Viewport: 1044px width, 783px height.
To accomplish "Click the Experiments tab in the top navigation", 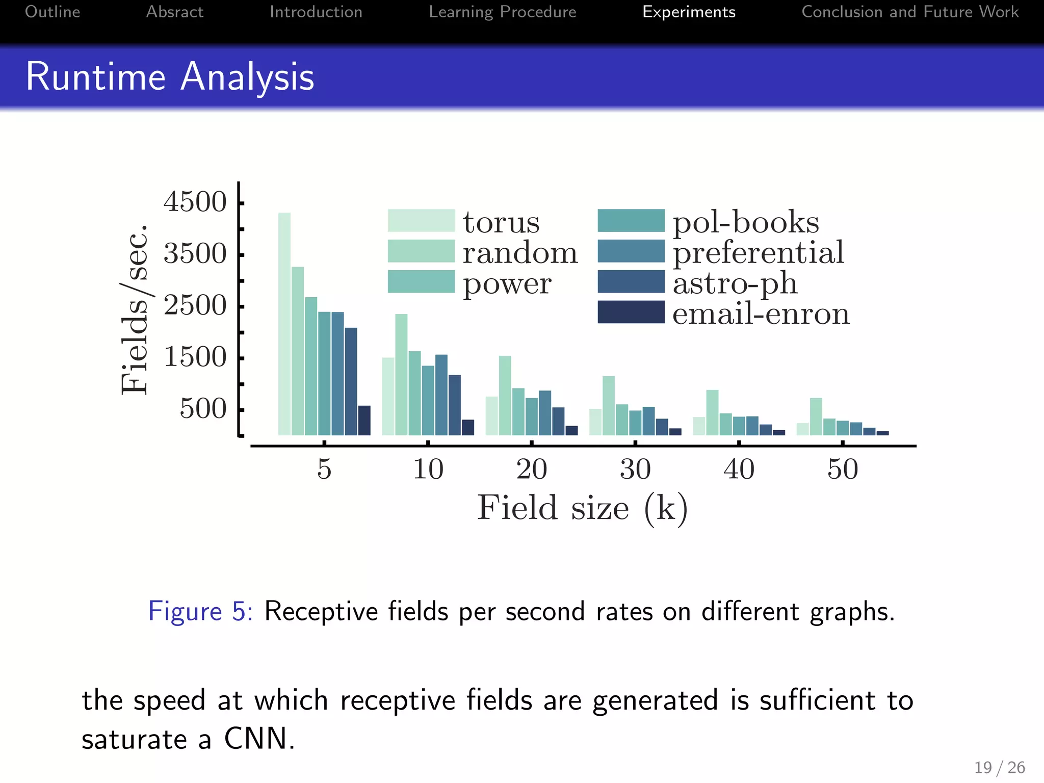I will click(x=689, y=12).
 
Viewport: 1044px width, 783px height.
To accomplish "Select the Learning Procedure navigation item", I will click(x=502, y=12).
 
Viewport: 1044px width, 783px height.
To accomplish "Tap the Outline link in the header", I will click(x=53, y=12).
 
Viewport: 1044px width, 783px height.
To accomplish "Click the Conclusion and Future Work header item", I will click(x=910, y=12).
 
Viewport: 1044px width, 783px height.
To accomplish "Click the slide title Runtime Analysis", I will click(x=170, y=76).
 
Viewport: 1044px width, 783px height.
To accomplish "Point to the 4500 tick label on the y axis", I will click(x=195, y=202).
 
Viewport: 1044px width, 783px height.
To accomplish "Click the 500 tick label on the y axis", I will click(x=203, y=409).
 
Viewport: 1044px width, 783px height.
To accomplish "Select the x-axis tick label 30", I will click(x=635, y=469).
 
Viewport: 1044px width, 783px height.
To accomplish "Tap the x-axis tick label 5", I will click(x=324, y=469).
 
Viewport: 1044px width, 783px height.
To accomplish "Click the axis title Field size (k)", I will click(x=582, y=508).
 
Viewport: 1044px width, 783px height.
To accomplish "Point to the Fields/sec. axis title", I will click(x=135, y=309).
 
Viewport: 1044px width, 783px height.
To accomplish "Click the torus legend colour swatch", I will click(x=421, y=221).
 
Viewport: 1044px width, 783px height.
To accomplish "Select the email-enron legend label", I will click(x=761, y=314).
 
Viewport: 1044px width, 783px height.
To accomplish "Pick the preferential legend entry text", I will click(x=758, y=252).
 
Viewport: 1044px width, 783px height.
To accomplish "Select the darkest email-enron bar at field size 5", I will click(x=364, y=421).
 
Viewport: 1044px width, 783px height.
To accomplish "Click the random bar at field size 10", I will click(x=401, y=375).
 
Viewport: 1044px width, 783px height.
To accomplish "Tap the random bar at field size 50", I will click(x=816, y=416).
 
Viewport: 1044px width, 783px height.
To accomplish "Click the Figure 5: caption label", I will click(x=200, y=611).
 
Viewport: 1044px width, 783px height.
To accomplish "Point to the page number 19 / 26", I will click(x=999, y=767).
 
